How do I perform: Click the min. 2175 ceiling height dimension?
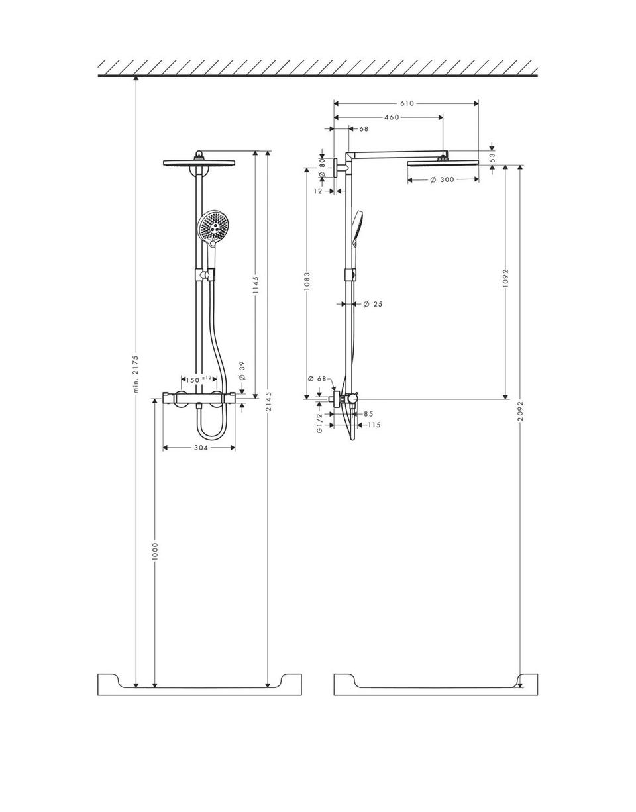[x=136, y=374]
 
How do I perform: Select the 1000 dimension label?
[x=156, y=552]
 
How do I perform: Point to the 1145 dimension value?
[x=256, y=285]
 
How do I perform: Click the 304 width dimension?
[x=201, y=448]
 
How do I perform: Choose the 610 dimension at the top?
[x=407, y=103]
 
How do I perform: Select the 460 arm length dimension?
[x=392, y=117]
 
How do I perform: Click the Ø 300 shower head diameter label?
[x=443, y=179]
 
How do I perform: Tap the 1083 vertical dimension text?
[x=307, y=281]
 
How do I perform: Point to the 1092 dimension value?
[x=505, y=278]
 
